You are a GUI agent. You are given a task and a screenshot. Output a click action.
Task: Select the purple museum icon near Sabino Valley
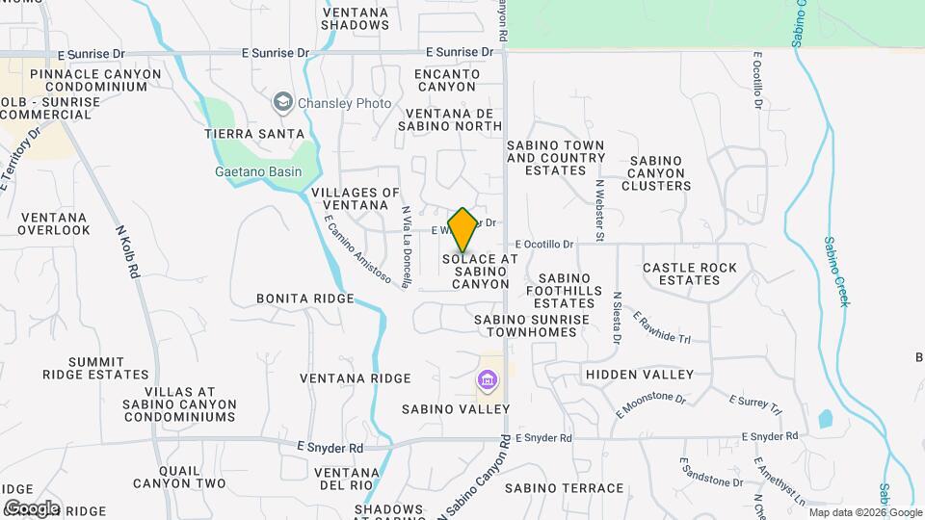[488, 382]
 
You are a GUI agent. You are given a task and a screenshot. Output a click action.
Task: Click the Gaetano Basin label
[257, 172]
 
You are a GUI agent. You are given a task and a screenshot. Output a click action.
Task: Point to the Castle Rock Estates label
[689, 273]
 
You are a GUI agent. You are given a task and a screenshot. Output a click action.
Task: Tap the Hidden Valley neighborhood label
[640, 374]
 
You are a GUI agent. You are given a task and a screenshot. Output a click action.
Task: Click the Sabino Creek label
[836, 272]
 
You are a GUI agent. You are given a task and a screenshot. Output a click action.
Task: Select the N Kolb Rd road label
[128, 252]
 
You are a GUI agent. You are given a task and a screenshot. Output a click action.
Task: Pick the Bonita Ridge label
[305, 299]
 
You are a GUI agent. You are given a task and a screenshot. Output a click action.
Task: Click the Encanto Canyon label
[446, 80]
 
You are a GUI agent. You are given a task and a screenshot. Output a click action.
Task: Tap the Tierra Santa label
[254, 134]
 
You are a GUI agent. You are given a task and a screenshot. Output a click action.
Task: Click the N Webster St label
[599, 210]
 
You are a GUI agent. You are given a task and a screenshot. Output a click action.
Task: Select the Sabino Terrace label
[564, 488]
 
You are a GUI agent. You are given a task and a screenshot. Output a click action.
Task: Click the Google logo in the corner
[31, 507]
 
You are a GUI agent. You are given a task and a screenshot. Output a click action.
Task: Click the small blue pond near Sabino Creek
[825, 419]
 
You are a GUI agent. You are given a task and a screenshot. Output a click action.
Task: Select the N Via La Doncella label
[407, 247]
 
